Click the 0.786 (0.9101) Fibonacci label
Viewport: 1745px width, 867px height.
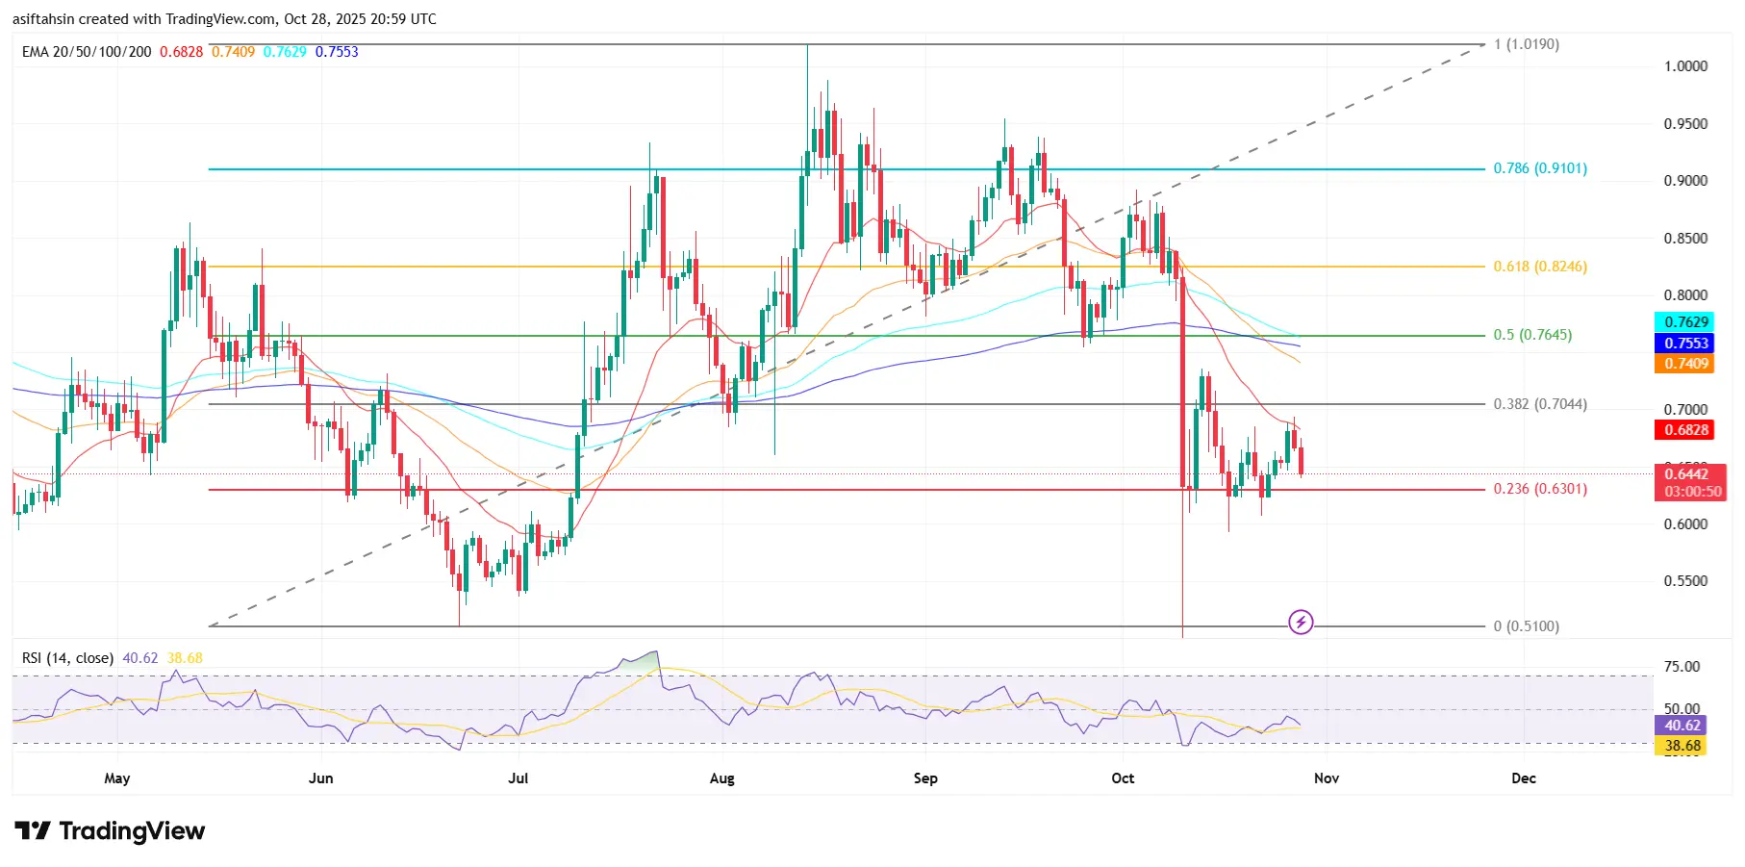coord(1539,168)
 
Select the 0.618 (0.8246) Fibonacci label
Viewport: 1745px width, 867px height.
coord(1539,267)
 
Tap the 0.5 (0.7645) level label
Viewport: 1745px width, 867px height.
coord(1531,335)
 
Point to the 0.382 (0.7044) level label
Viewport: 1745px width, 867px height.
coord(1539,404)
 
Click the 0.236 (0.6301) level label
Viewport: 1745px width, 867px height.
coord(1539,489)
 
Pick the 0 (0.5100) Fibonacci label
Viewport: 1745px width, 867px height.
coord(1526,626)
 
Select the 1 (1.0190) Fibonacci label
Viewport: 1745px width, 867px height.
coord(1526,44)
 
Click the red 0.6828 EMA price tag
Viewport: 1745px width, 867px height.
coord(1686,430)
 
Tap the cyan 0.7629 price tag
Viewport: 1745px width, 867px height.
coord(1686,322)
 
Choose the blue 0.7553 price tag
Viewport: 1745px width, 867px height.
coord(1686,344)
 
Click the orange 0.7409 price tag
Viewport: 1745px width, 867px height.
coord(1686,364)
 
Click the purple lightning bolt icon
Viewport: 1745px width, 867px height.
coord(1301,622)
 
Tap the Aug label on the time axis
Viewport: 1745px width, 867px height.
coord(721,778)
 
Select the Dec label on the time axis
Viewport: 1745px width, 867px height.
coord(1523,778)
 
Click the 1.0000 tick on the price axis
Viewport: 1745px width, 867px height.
coord(1685,66)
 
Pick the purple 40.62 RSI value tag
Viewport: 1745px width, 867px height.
coord(1682,726)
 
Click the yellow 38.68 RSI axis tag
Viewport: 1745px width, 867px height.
coord(1682,746)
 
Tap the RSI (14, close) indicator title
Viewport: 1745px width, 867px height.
coord(67,658)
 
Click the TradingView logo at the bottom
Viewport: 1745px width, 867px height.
coord(110,830)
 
